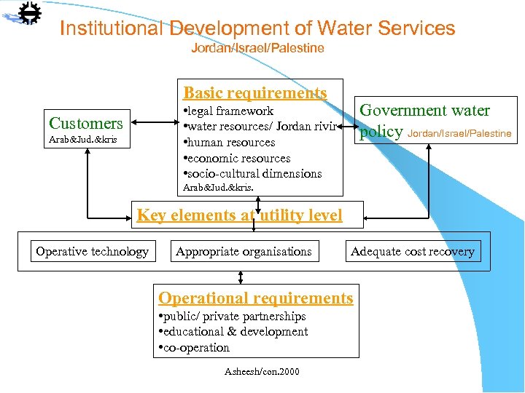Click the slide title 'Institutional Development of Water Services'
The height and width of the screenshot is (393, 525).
(x=257, y=28)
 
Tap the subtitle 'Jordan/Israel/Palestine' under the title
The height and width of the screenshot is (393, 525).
(x=257, y=48)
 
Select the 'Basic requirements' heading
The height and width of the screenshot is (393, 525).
(x=255, y=92)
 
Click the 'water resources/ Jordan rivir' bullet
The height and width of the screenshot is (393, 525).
(x=260, y=127)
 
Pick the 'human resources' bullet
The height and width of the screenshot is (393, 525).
(x=230, y=143)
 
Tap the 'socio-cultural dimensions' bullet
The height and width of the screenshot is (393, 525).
(x=253, y=173)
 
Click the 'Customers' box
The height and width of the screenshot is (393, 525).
(x=86, y=123)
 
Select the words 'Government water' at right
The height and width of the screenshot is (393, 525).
(x=425, y=111)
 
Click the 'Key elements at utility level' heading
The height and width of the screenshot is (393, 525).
(x=239, y=215)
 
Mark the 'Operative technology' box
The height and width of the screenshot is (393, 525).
(x=93, y=252)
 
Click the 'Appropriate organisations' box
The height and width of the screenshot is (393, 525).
(x=244, y=252)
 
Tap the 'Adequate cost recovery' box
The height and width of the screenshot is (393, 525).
(x=413, y=252)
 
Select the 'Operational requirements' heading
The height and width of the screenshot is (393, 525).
(x=256, y=298)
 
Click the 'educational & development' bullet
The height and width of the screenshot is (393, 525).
(x=234, y=332)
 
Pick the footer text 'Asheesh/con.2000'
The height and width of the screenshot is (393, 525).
(x=262, y=372)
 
